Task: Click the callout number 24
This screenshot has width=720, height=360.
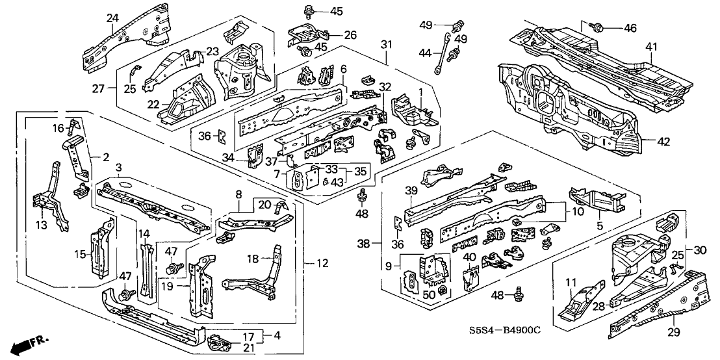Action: [113, 18]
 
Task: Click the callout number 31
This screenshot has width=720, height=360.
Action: [386, 44]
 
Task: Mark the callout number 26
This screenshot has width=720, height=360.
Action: [350, 34]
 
